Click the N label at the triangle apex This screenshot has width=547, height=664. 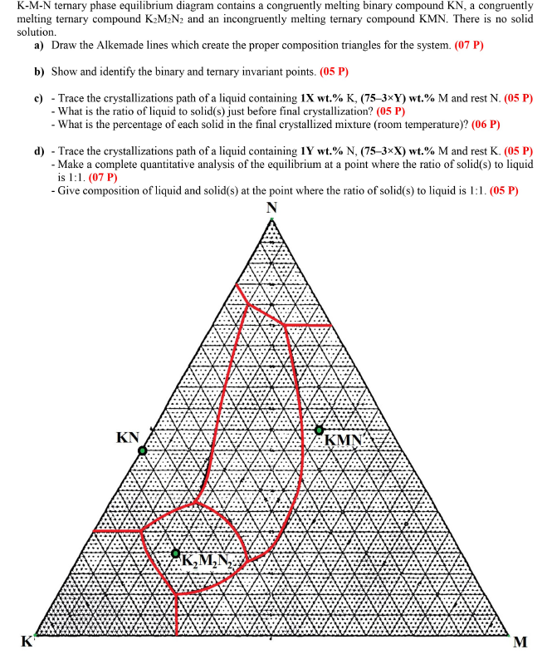click(273, 207)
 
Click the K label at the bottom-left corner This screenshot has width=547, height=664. click(27, 641)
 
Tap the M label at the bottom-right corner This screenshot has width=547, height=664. click(520, 642)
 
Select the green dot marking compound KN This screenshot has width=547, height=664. click(142, 450)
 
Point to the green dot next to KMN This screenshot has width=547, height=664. click(320, 430)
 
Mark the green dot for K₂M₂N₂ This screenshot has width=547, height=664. click(175, 553)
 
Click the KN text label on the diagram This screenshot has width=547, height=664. click(127, 437)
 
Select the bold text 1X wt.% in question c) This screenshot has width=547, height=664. click(326, 98)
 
